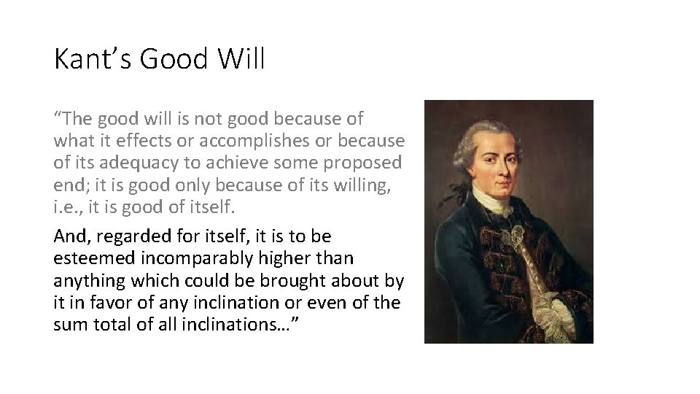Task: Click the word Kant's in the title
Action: pyautogui.click(x=90, y=59)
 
